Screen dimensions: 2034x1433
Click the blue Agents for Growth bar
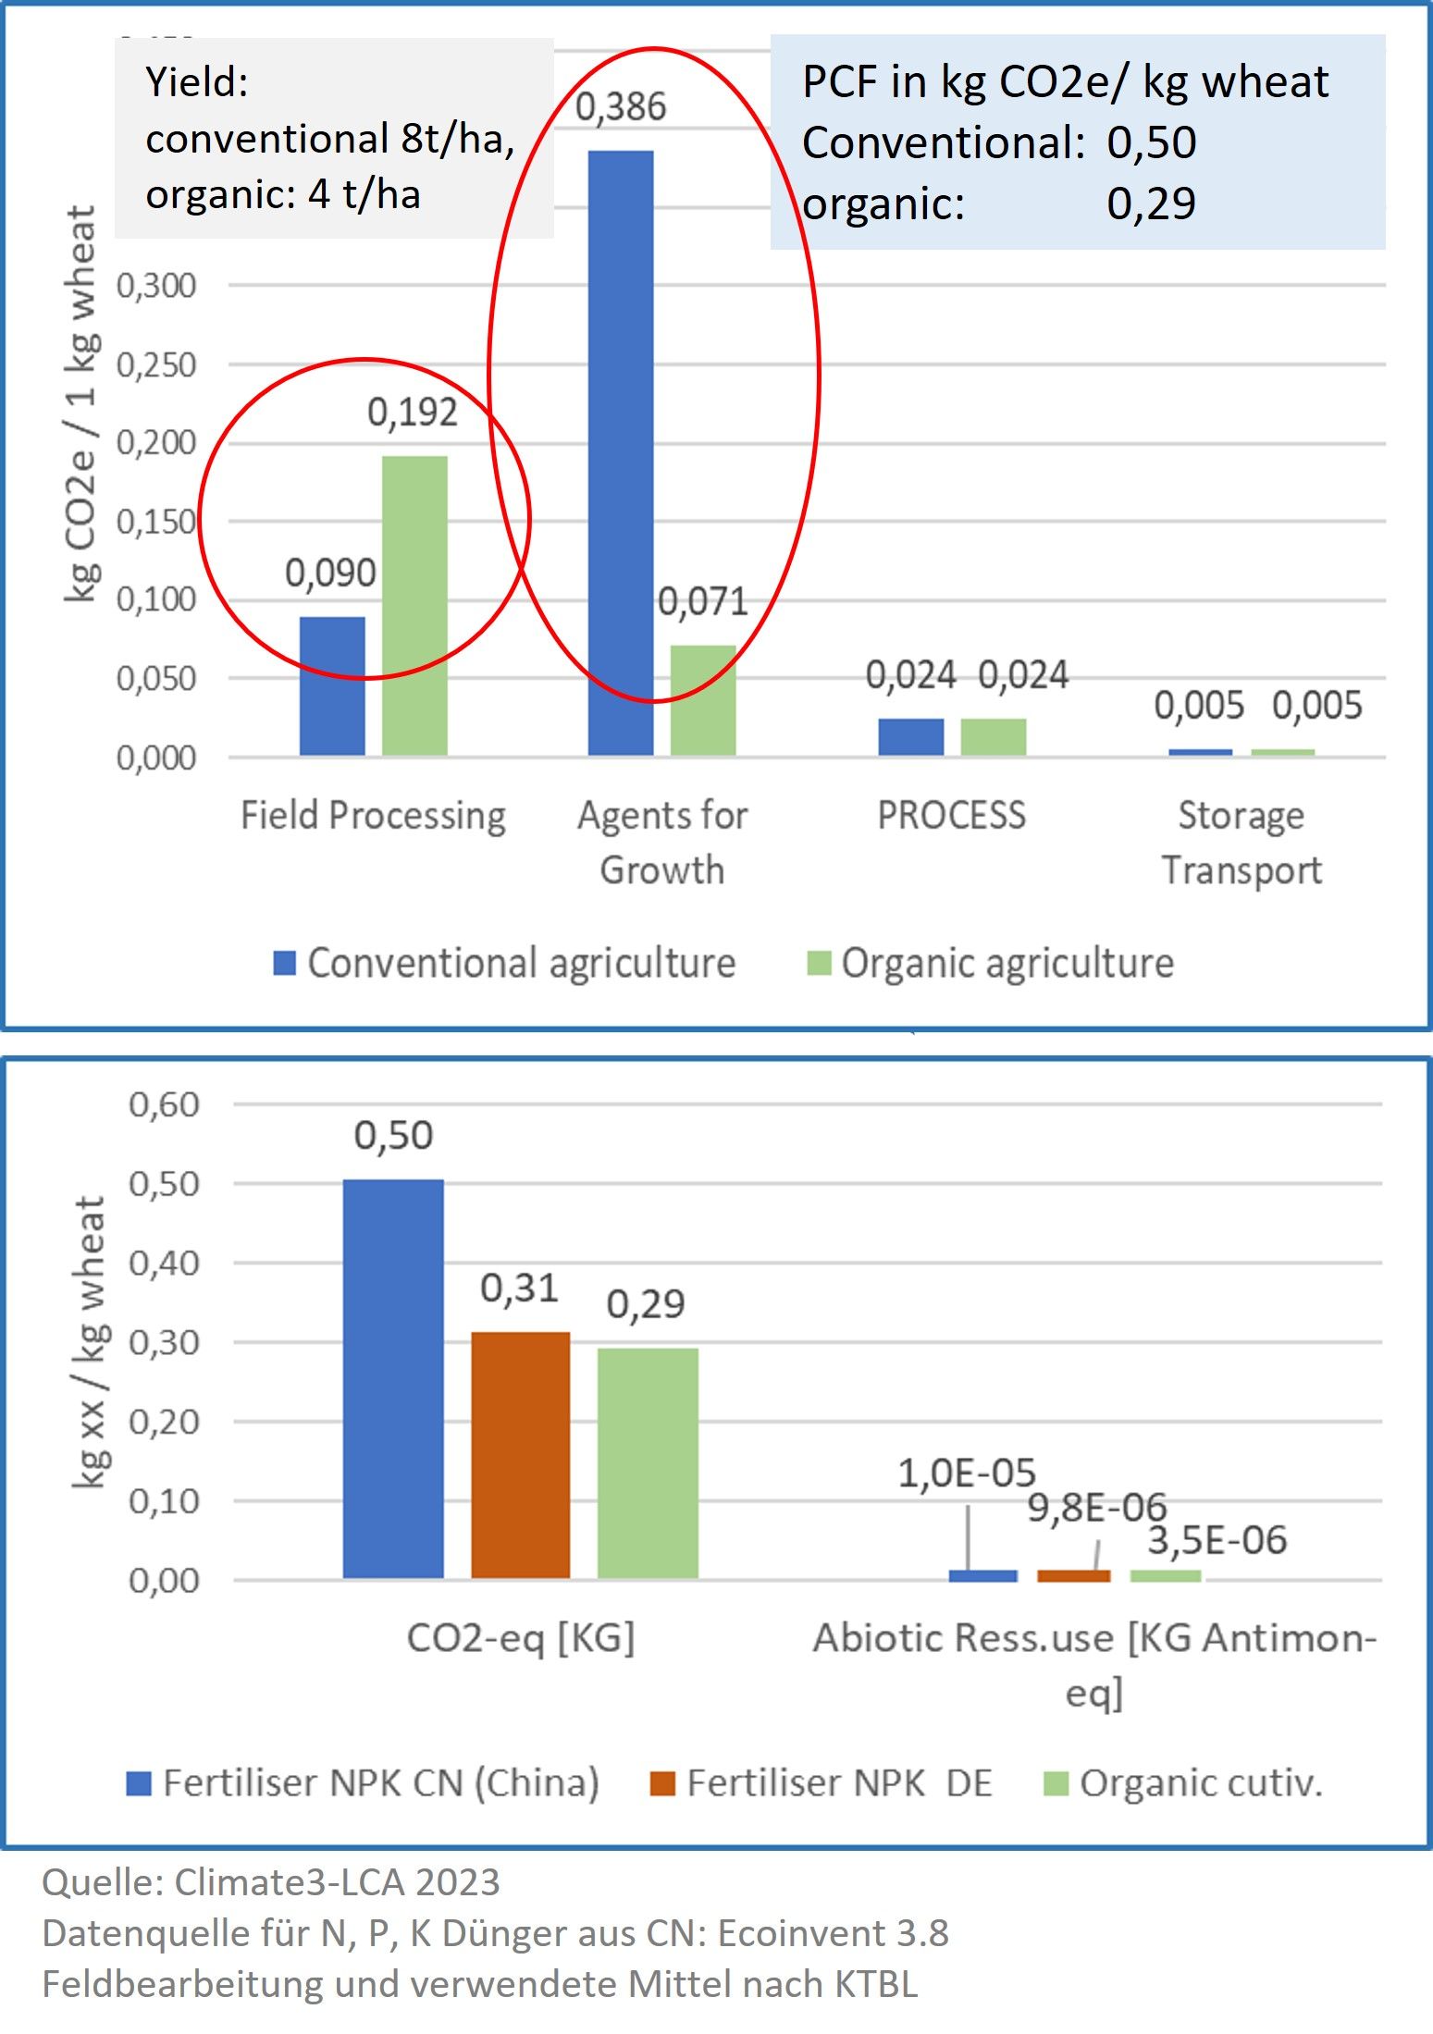(621, 453)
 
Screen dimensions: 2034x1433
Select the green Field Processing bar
(414, 606)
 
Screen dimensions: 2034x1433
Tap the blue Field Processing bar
(332, 686)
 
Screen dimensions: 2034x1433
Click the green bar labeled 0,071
(703, 700)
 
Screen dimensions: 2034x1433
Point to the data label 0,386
(621, 107)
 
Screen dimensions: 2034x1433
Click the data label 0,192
(413, 413)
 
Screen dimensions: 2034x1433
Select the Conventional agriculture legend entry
(505, 963)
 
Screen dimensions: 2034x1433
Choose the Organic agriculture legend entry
(991, 963)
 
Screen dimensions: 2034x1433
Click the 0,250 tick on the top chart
(156, 365)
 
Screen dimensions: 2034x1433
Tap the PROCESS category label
(951, 815)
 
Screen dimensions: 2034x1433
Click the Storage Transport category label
(1241, 843)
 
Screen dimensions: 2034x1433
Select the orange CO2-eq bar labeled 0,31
(520, 1455)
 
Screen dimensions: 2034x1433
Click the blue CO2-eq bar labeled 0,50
(393, 1379)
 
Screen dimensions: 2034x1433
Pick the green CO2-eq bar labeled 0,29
(648, 1463)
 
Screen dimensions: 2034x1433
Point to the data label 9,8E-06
(1097, 1508)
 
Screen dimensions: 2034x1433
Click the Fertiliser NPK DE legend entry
(822, 1782)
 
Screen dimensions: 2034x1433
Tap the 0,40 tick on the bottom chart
(164, 1263)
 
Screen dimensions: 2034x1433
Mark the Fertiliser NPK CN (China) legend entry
(364, 1782)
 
